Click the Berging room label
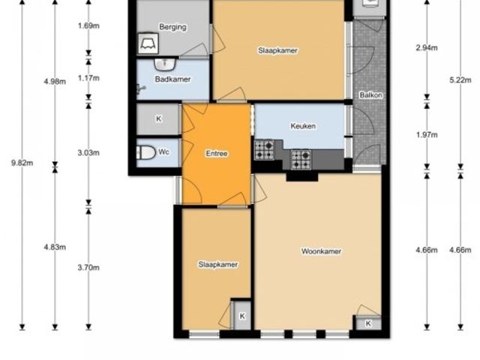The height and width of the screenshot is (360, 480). [x=172, y=27]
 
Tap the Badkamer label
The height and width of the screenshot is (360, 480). [x=172, y=79]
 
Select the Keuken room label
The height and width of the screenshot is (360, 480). [x=303, y=126]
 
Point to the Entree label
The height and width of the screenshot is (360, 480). [x=217, y=153]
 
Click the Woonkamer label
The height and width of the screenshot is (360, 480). [x=321, y=251]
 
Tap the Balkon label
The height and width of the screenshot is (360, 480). [x=370, y=95]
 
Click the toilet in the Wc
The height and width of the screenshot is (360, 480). [x=146, y=152]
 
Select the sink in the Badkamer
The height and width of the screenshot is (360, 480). [x=165, y=64]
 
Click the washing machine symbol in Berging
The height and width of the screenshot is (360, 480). [x=148, y=43]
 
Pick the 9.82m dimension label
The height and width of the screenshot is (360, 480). [x=22, y=163]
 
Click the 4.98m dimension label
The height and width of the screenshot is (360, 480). [x=55, y=82]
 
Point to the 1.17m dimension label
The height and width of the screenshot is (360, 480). [x=88, y=78]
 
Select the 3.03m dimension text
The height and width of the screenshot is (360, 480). [x=88, y=153]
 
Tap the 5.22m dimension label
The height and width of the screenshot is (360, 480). [x=460, y=80]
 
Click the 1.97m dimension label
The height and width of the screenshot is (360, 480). [x=427, y=135]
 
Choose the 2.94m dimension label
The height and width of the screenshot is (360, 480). [x=427, y=48]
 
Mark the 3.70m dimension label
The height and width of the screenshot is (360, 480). [x=88, y=268]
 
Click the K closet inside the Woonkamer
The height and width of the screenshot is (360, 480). [x=368, y=323]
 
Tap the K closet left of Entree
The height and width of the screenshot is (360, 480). [x=158, y=118]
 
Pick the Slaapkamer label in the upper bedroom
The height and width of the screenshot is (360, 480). [x=277, y=50]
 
